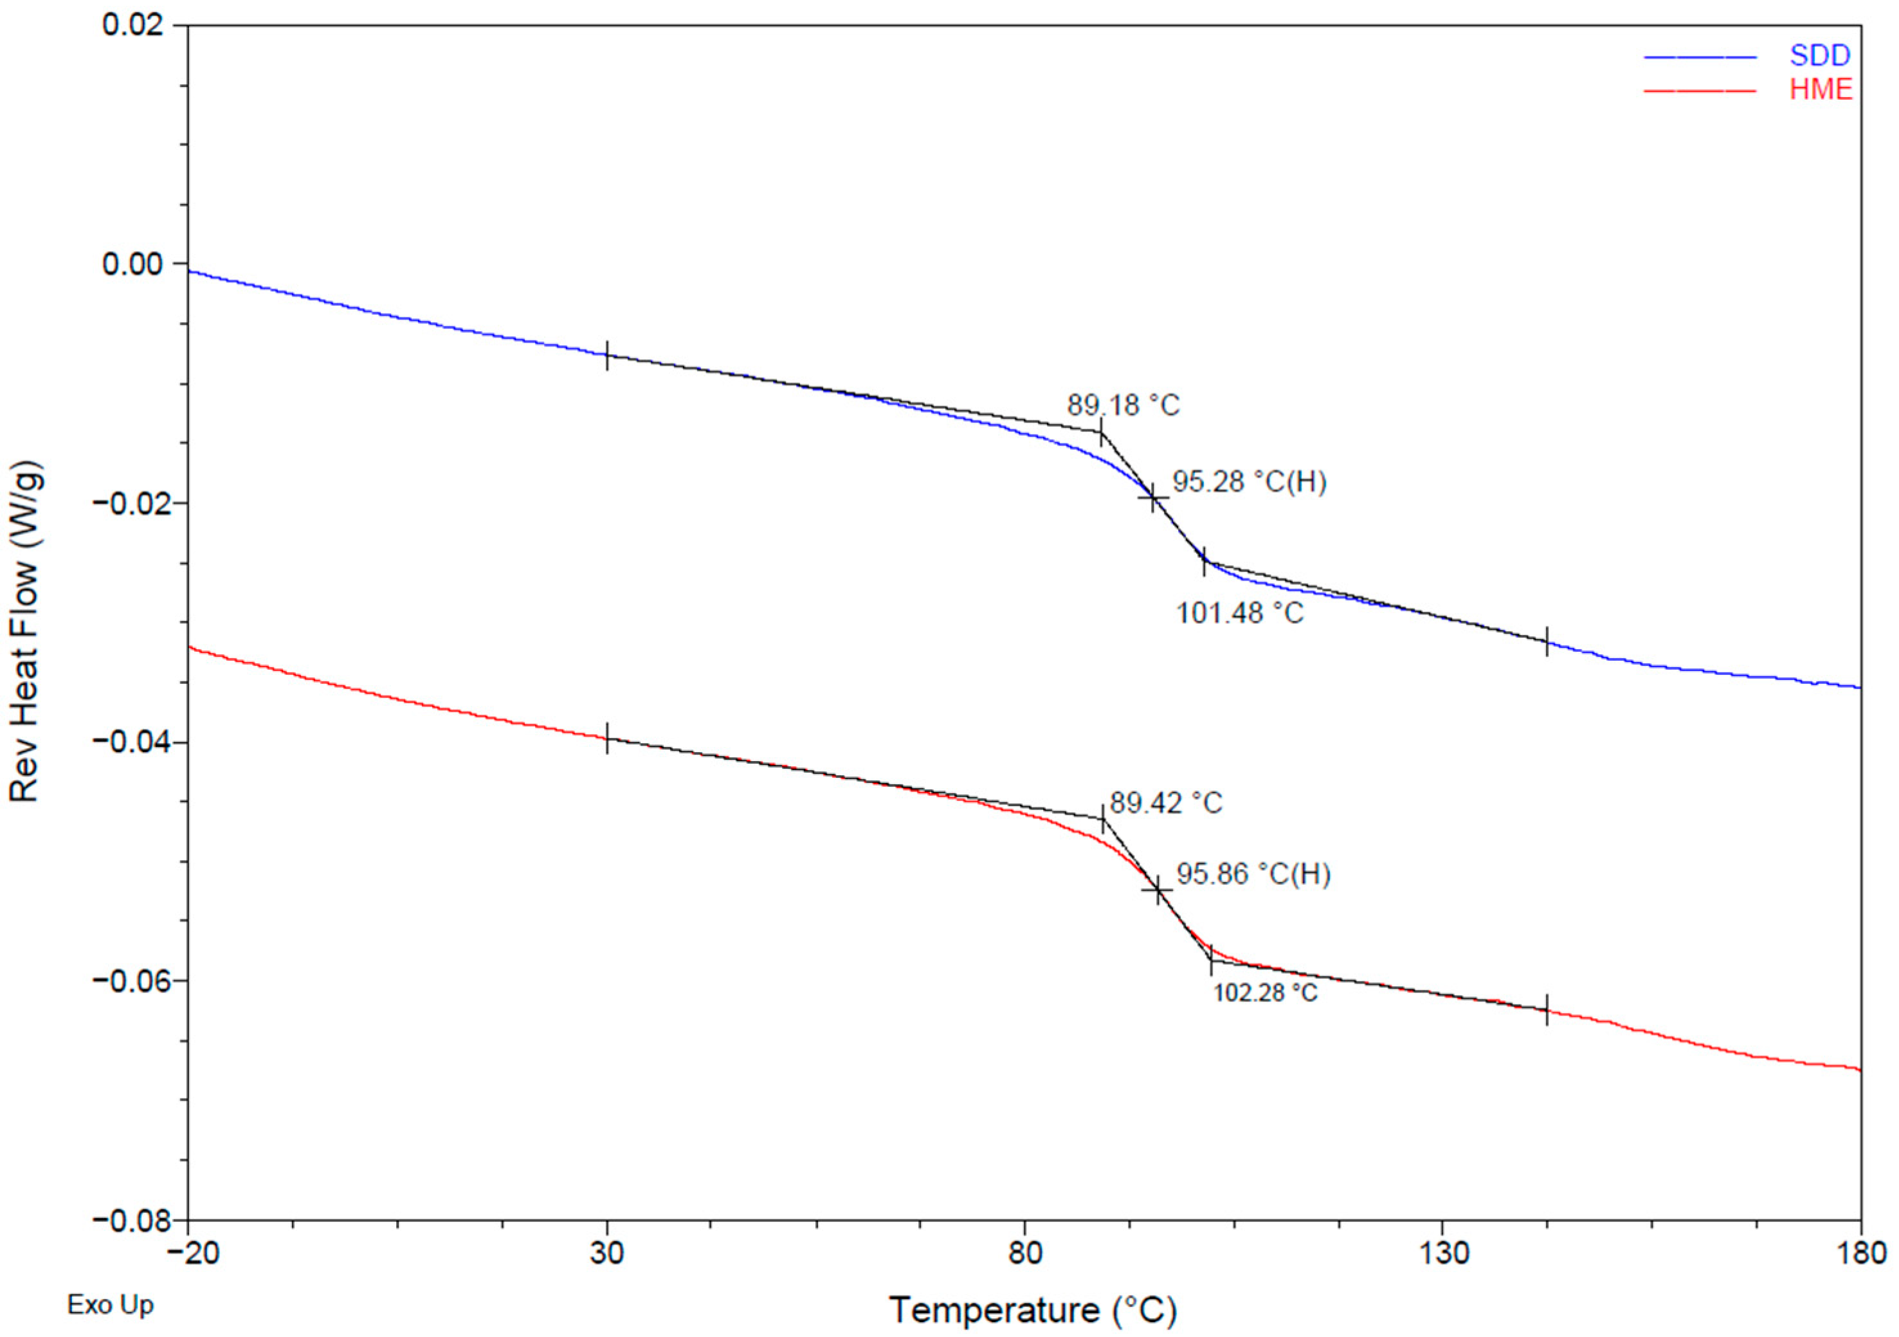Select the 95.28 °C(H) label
(x=1249, y=482)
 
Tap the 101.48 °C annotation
(x=1240, y=613)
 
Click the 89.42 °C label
(x=1165, y=803)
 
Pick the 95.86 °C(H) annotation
(x=1253, y=874)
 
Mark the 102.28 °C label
(x=1265, y=992)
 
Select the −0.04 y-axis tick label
(x=132, y=742)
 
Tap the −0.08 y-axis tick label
(x=132, y=1219)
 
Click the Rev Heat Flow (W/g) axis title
(x=25, y=632)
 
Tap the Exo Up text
(x=110, y=1305)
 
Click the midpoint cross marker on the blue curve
(x=1153, y=498)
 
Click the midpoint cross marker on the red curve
(x=1158, y=890)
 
